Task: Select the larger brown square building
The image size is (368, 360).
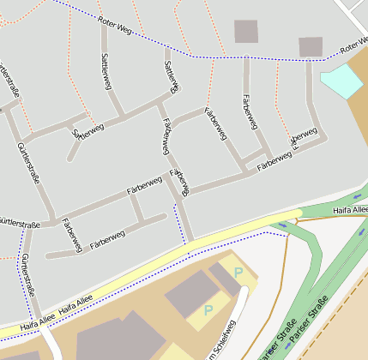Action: click(246, 32)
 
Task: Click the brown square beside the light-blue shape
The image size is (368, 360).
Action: click(311, 46)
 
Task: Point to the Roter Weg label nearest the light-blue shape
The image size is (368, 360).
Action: click(353, 48)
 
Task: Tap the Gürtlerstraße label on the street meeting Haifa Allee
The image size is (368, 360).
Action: click(28, 276)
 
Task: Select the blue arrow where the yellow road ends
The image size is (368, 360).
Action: click(284, 225)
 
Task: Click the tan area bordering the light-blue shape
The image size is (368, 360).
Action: click(358, 120)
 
